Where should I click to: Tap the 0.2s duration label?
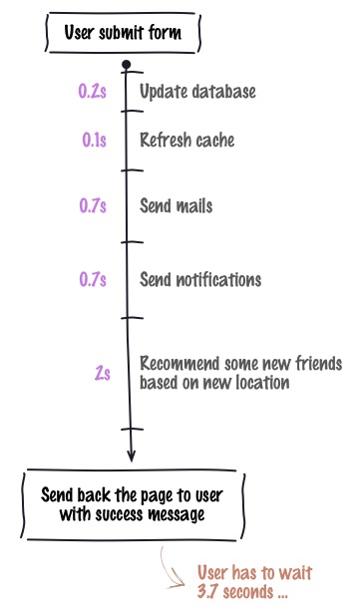(x=92, y=92)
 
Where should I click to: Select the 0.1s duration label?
(x=95, y=141)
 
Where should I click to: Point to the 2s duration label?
(x=102, y=373)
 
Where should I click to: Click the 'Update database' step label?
(x=197, y=92)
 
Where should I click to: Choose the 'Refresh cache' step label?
(x=186, y=141)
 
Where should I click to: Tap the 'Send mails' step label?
(x=176, y=206)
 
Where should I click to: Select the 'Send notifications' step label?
(x=200, y=279)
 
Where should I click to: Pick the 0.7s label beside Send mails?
(x=93, y=206)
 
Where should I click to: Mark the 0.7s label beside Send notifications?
(x=93, y=279)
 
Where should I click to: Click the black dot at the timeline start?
(x=126, y=66)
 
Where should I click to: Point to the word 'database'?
(x=224, y=92)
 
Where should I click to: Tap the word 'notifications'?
(x=220, y=279)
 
